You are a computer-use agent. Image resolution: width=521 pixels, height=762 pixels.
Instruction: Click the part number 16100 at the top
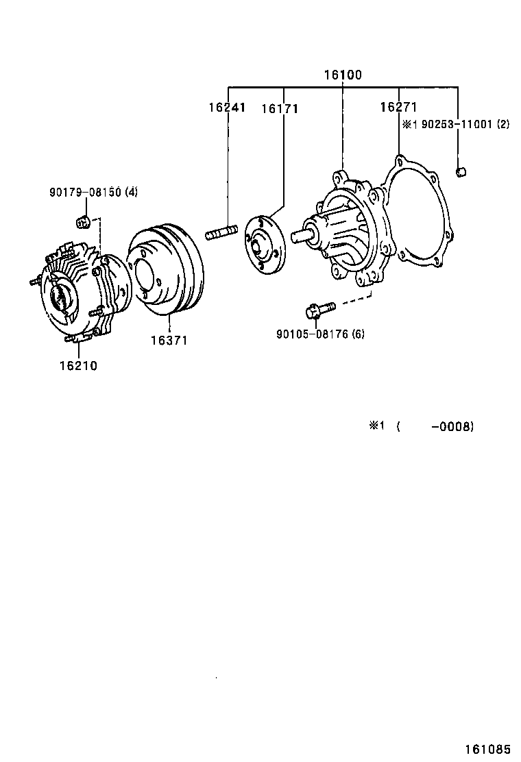tap(342, 75)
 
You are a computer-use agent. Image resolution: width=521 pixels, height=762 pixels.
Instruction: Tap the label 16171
tap(280, 108)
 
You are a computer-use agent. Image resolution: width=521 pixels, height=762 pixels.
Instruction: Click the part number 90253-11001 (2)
tap(456, 125)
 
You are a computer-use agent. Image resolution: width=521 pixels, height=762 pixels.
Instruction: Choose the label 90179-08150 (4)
tap(93, 192)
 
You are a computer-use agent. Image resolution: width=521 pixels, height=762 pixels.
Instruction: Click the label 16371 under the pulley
tap(169, 340)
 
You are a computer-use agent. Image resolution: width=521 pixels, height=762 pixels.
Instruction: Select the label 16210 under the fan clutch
tap(78, 365)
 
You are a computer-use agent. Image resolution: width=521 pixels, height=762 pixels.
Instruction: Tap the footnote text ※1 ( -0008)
tap(422, 426)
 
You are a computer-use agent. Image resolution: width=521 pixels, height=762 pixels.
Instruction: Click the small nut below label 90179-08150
tap(82, 221)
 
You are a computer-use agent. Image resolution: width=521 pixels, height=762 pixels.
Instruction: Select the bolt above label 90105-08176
tap(319, 310)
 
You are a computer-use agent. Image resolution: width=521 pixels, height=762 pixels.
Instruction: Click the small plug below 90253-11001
tap(462, 171)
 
